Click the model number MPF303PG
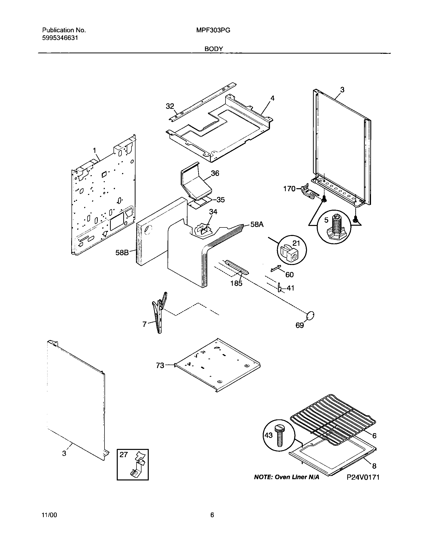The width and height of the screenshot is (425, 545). click(x=213, y=31)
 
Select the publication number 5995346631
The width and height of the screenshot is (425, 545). click(x=60, y=38)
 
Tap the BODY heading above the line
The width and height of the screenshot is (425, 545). click(x=213, y=49)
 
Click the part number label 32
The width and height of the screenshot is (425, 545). click(x=170, y=106)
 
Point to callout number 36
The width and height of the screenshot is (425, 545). click(x=215, y=173)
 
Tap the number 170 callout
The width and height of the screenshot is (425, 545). click(x=289, y=189)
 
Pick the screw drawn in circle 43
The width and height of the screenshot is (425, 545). click(x=279, y=435)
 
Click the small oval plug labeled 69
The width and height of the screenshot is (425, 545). click(x=310, y=316)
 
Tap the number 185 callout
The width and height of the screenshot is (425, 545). click(x=236, y=283)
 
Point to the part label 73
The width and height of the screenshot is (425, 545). click(x=160, y=366)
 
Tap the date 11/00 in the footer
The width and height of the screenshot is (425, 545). click(x=49, y=515)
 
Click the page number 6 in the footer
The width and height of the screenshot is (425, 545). click(x=212, y=515)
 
